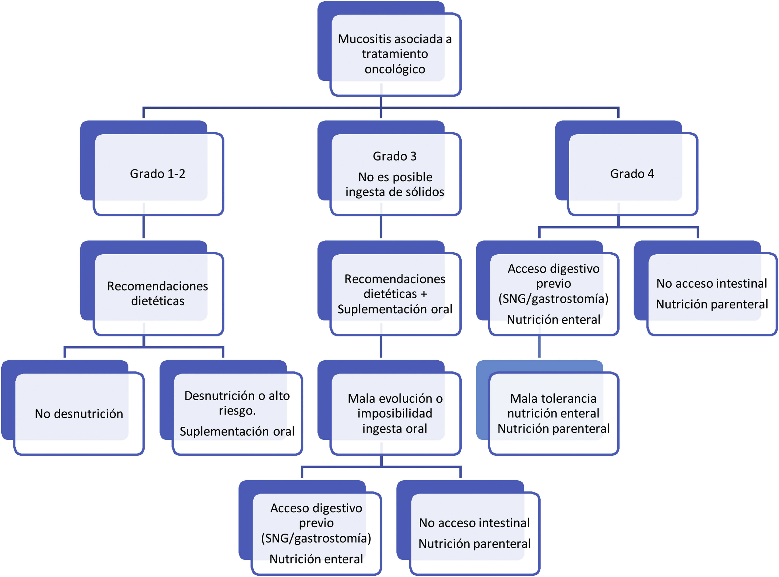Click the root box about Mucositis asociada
pyautogui.click(x=395, y=54)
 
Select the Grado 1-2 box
pyautogui.click(x=158, y=174)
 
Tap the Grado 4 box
pyautogui.click(x=632, y=174)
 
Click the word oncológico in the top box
pyautogui.click(x=395, y=69)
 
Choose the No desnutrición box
pyautogui.click(x=79, y=414)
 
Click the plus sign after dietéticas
pyautogui.click(x=424, y=294)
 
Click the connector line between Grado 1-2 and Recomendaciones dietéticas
pyautogui.click(x=144, y=227)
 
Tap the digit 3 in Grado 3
pyautogui.click(x=413, y=156)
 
